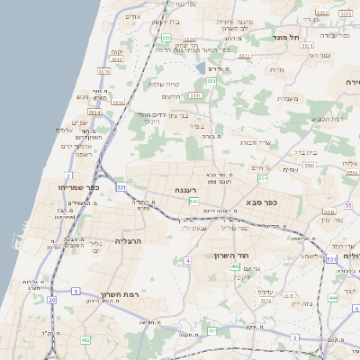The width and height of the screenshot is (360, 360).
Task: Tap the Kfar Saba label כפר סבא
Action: [262, 203]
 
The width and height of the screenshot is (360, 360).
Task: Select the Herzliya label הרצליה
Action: [128, 241]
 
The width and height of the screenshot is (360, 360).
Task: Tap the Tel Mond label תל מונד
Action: [294, 37]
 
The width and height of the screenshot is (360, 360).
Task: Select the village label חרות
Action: [277, 69]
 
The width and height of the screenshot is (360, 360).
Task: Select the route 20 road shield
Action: [52, 299]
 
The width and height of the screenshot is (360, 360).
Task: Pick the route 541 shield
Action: [193, 202]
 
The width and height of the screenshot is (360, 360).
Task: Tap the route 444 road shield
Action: [333, 297]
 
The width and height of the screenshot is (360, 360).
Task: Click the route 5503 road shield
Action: [309, 166]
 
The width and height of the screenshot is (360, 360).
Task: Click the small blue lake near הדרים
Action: [200, 67]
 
